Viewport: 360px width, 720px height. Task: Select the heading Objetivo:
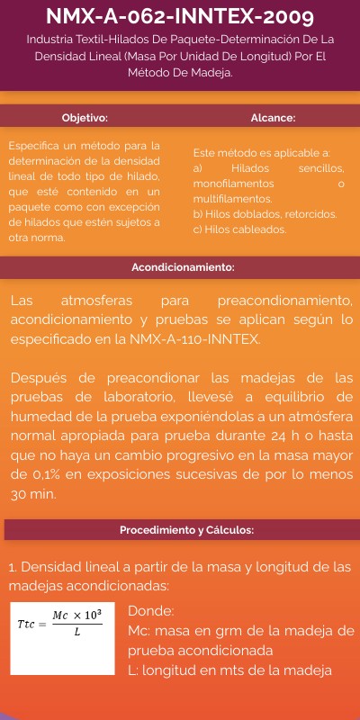point(85,118)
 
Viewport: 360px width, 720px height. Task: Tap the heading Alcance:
point(273,118)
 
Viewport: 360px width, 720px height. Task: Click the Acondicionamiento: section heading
point(183,267)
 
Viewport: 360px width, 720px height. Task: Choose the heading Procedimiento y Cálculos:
point(186,530)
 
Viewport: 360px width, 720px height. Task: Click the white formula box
point(62,638)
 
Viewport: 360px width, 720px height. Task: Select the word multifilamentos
point(232,199)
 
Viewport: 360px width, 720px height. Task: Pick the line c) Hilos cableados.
point(239,229)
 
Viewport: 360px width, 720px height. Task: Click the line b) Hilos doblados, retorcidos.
point(265,214)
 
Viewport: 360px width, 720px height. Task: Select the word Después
point(41,377)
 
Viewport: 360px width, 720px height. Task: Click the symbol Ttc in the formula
point(26,623)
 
